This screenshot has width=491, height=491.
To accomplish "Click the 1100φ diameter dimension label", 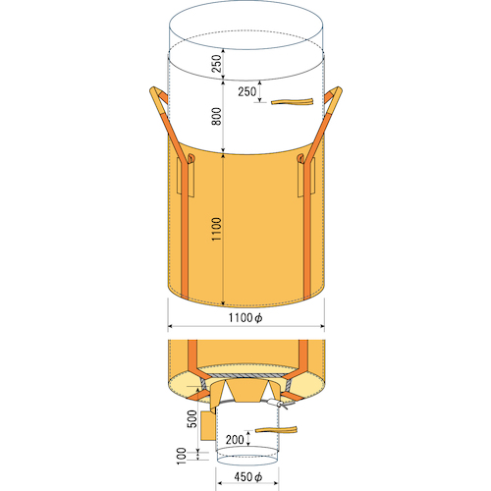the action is point(245,317).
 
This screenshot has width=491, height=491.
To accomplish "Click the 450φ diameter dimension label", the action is point(248,477).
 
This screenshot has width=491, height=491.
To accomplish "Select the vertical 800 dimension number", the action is point(216,116).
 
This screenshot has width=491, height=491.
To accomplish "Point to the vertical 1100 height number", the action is point(216,229).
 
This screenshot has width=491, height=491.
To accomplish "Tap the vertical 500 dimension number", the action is point(192,419).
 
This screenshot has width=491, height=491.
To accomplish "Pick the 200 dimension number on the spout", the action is point(235,439).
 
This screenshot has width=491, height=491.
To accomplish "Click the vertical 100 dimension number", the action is point(182,456).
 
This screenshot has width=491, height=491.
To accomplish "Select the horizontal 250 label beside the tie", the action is point(247,91).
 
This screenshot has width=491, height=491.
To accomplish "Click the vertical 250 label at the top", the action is point(216,64).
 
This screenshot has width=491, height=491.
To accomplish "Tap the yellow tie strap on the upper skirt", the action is point(292,101).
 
